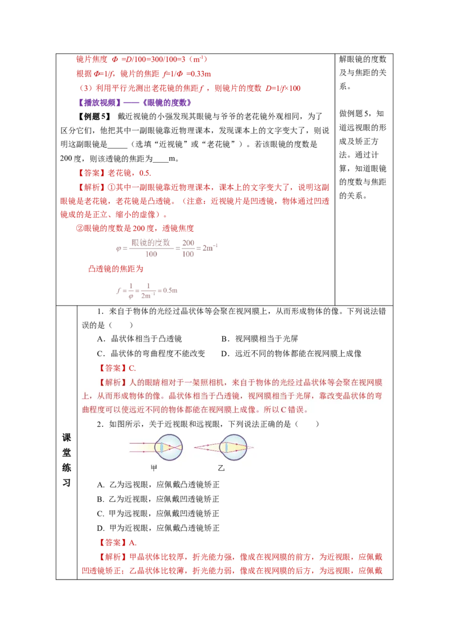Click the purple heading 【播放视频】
[x=99, y=103]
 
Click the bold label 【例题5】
[x=94, y=117]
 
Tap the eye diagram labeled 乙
[x=224, y=447]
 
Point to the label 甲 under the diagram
[x=154, y=468]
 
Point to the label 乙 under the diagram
[x=221, y=468]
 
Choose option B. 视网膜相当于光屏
[x=260, y=339]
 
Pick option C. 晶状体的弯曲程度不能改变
[x=151, y=353]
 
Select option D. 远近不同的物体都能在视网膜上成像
[x=291, y=353]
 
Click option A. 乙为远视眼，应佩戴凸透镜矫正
[x=158, y=484]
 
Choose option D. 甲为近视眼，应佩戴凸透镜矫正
[x=158, y=528]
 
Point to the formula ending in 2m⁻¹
[x=167, y=248]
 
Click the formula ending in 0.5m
[x=146, y=291]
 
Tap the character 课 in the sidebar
[x=66, y=438]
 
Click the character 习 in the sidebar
[x=66, y=483]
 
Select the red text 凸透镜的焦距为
[x=116, y=269]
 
